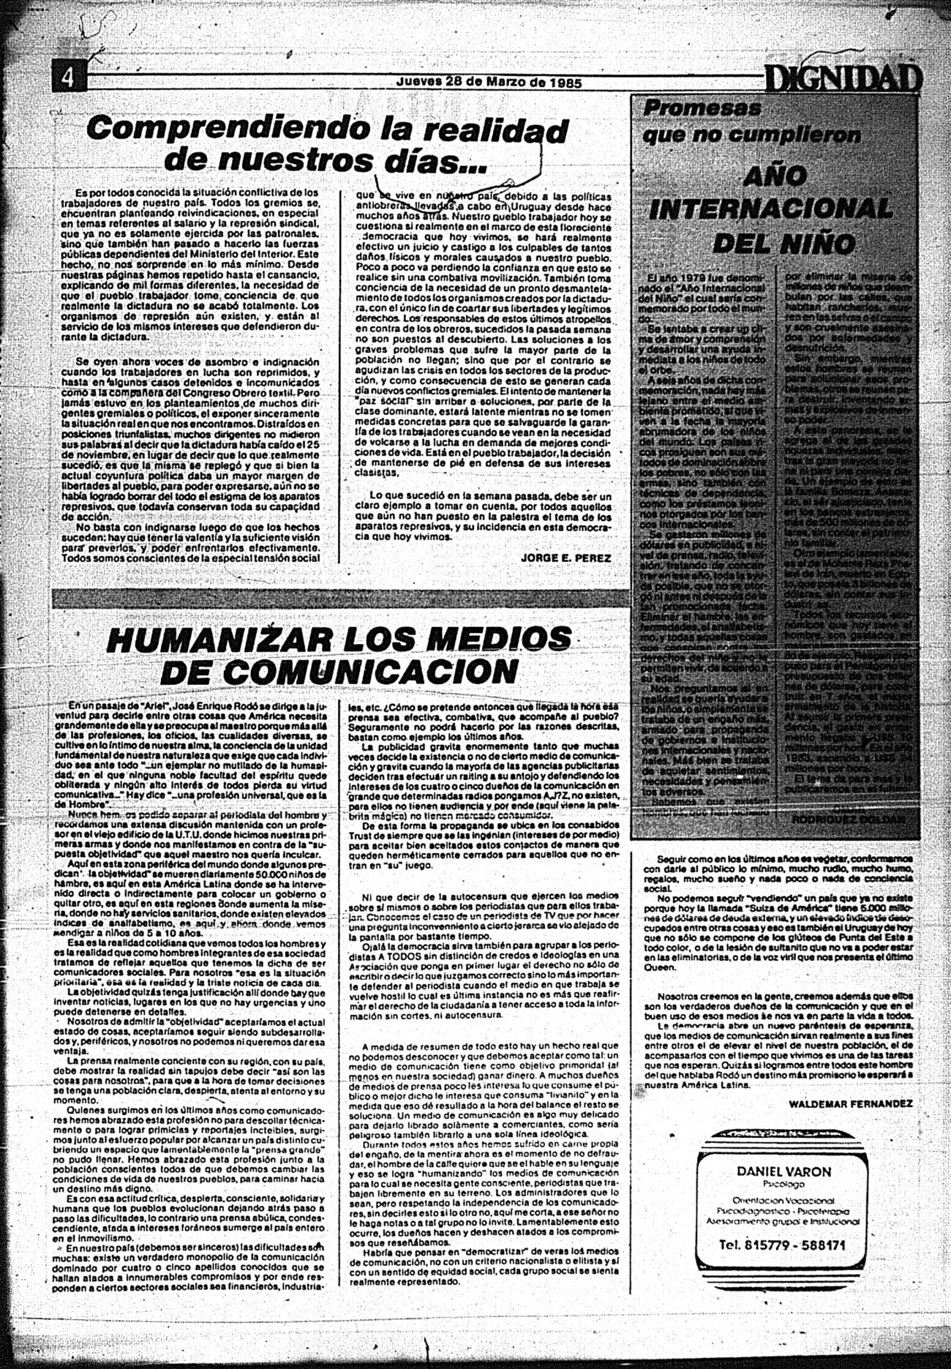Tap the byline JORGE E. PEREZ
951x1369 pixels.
pos(565,557)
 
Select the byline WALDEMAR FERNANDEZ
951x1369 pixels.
pos(851,1102)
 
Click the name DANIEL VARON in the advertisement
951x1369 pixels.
pos(783,1171)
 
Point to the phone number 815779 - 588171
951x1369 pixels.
pos(783,1244)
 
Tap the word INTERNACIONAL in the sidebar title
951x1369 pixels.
pos(771,210)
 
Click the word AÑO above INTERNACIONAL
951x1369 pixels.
pos(775,176)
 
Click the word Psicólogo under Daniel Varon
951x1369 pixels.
pos(783,1184)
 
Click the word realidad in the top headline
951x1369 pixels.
pos(489,131)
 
